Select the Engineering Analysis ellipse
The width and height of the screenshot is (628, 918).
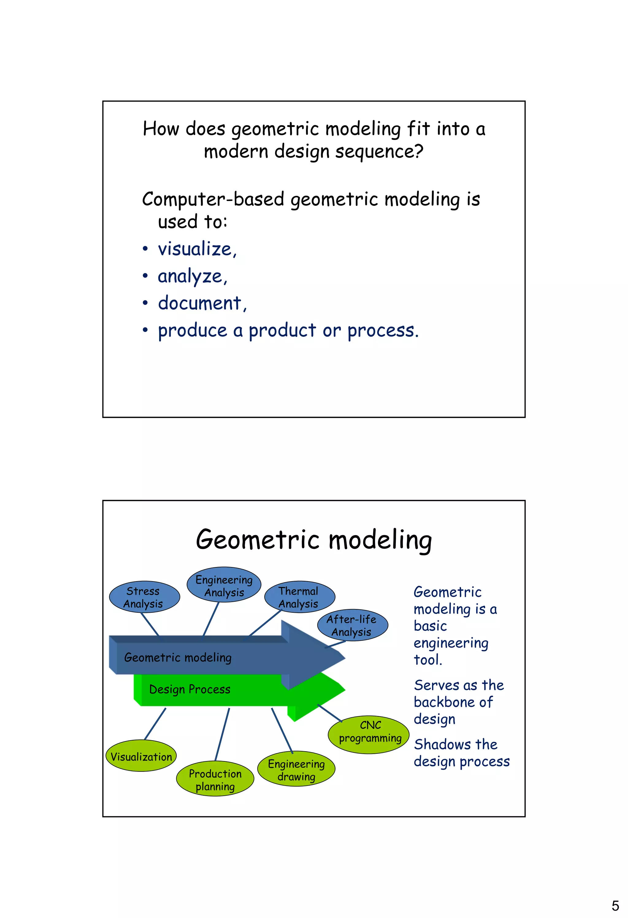tap(224, 585)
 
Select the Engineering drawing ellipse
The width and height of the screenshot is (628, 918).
tap(296, 769)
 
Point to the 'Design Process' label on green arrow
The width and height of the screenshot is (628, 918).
tap(190, 689)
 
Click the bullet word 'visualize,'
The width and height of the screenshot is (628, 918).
tap(197, 249)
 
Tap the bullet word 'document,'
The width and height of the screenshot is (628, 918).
tap(202, 303)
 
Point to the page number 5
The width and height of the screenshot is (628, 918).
tap(615, 905)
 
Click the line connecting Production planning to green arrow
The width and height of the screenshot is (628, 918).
tap(222, 734)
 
